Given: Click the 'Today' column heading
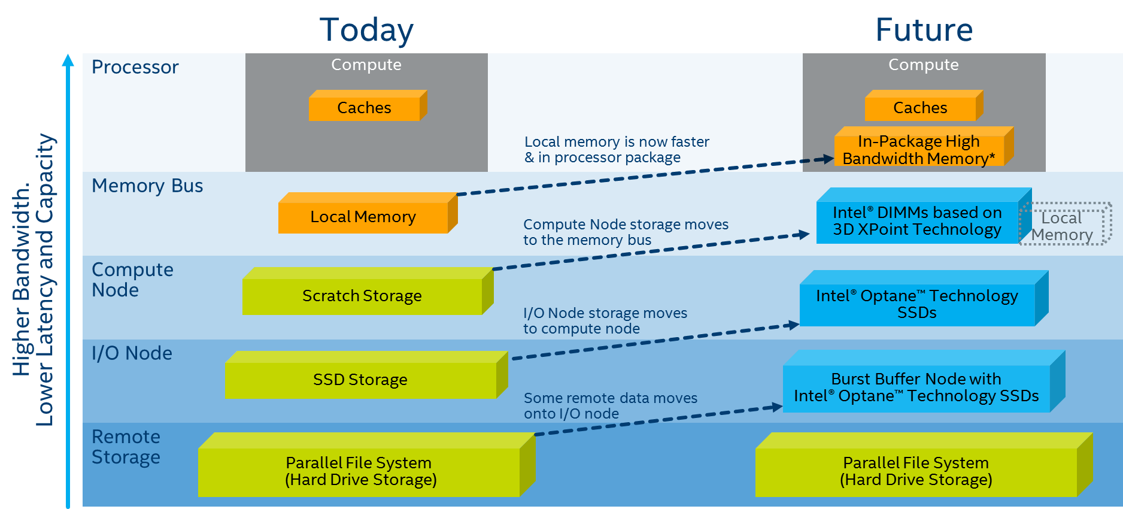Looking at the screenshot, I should click(366, 30).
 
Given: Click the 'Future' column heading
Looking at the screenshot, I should click(924, 30).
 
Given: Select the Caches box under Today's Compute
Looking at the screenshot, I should click(364, 108).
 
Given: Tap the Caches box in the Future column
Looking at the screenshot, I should click(920, 108).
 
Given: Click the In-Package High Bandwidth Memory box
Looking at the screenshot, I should click(919, 150).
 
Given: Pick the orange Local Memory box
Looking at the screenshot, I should click(363, 217).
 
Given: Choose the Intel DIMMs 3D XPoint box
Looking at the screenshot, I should click(917, 221).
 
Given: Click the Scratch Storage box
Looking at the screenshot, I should click(362, 296).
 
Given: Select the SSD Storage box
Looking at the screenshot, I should click(360, 380).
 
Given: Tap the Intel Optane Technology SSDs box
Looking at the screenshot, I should click(916, 304).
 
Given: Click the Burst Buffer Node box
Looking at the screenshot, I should click(916, 387).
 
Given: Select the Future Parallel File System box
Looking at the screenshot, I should click(916, 471).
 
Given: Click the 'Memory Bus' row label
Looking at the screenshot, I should click(147, 186).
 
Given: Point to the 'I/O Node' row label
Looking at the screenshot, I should click(132, 353).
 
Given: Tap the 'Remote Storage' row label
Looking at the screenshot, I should click(126, 447).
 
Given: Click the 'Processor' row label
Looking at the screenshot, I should click(135, 67).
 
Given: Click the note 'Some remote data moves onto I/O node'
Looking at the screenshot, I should click(610, 406).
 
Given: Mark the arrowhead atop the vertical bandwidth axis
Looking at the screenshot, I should click(68, 60).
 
